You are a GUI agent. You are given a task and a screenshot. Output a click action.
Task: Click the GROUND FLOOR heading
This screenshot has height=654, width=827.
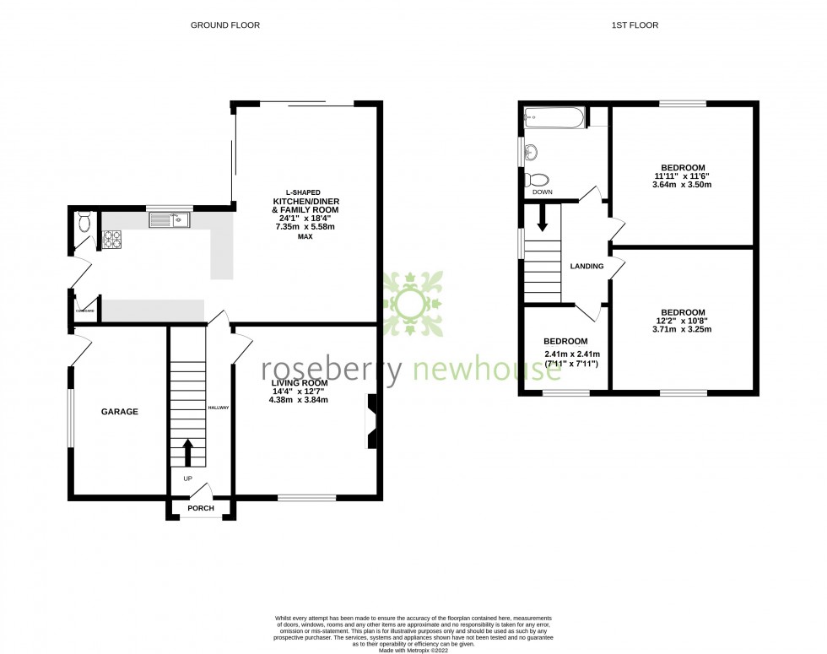224,25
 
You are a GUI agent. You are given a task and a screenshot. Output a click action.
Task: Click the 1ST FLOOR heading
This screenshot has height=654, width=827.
634,25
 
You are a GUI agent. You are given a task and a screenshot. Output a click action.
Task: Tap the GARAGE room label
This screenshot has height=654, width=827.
121,412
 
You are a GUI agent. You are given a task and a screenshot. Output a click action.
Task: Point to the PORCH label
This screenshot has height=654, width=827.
200,508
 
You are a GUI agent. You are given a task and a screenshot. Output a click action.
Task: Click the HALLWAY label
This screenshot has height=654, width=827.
219,407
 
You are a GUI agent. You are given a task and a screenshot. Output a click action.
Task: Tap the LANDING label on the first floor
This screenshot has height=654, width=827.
586,267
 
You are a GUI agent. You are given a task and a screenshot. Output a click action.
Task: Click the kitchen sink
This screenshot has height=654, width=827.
170,220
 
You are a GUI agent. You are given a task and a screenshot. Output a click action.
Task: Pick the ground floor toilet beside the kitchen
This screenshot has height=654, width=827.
83,222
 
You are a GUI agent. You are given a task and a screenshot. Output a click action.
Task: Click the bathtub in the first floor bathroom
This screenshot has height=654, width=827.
553,117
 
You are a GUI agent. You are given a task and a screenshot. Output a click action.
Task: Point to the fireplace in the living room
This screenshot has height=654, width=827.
372,420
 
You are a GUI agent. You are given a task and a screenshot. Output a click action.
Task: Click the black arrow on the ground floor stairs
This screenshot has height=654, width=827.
188,452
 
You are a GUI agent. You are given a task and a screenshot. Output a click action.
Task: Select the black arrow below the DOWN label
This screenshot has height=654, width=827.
542,218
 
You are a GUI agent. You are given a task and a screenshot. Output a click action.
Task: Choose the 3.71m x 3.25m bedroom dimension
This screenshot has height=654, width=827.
681,330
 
